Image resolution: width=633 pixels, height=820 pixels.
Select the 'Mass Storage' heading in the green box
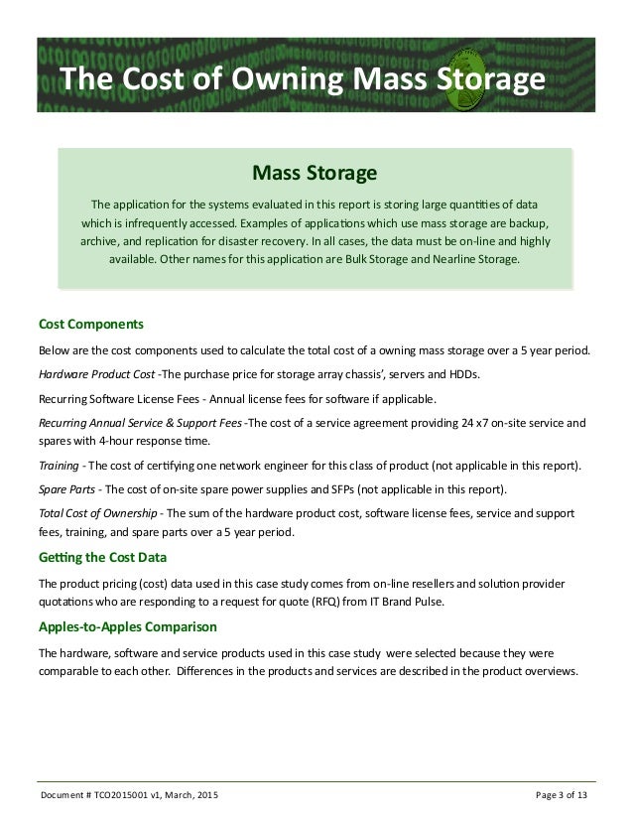click(x=315, y=175)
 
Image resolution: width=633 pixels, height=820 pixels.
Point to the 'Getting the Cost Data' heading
click(x=102, y=555)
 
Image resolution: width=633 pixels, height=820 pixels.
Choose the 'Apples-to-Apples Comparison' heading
click(x=123, y=628)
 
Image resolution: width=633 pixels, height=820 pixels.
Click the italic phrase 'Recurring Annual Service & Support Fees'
click(x=139, y=422)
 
